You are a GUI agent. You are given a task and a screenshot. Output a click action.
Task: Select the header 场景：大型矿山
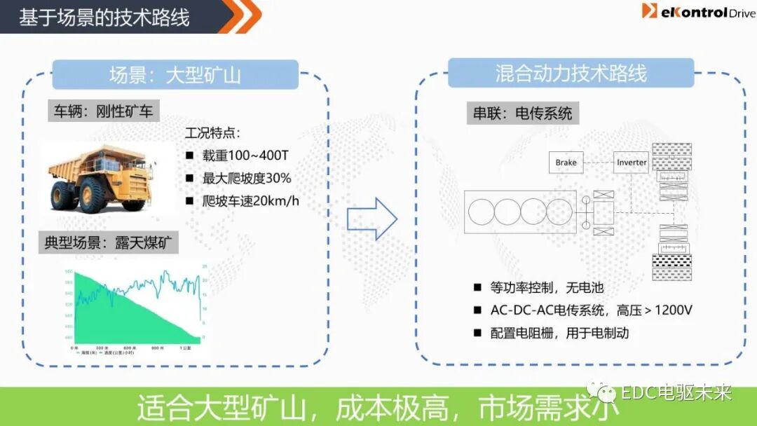tap(175, 74)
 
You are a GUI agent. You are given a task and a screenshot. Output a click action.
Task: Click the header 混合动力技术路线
tap(571, 73)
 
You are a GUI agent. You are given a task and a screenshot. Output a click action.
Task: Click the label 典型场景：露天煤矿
tap(109, 243)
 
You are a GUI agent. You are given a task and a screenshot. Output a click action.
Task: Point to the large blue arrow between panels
tap(372, 219)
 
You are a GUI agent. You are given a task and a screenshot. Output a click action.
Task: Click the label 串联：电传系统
tap(522, 114)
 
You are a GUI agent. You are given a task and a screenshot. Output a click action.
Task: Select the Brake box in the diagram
tap(566, 163)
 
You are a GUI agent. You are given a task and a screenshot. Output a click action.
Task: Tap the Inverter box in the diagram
tap(632, 163)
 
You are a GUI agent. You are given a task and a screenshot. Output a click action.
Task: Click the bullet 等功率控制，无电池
tap(546, 287)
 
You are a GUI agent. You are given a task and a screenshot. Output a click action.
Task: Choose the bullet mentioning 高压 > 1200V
tap(591, 310)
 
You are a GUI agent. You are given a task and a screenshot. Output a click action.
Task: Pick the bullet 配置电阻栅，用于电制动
tap(559, 333)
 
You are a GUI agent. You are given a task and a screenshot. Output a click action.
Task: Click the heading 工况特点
tap(212, 133)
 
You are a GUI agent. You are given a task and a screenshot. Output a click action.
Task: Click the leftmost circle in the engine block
tap(481, 212)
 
